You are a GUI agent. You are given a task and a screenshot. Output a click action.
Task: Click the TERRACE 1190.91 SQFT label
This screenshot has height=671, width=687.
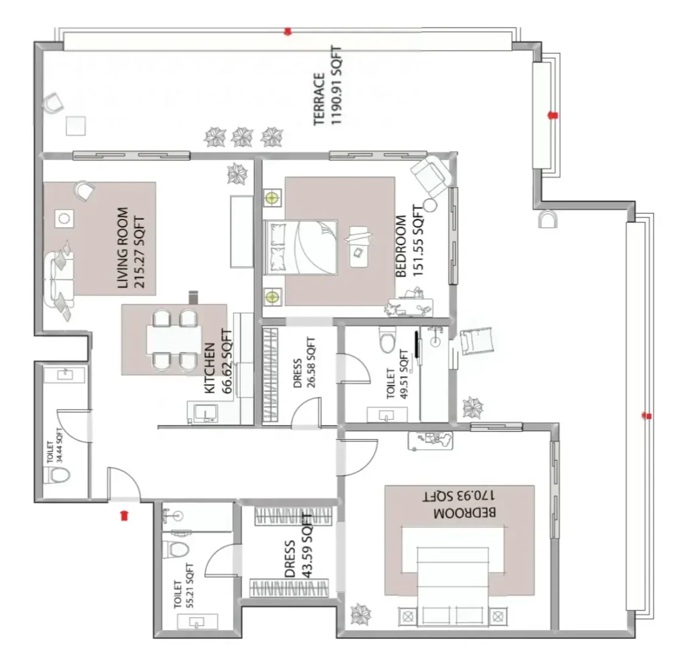(327, 85)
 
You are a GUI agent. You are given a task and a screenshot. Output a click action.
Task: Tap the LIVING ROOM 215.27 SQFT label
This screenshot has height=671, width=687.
(131, 248)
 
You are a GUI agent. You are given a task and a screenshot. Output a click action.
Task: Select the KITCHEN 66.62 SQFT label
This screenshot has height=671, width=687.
(218, 361)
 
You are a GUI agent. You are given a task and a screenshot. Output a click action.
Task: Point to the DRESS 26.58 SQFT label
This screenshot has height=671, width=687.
(304, 362)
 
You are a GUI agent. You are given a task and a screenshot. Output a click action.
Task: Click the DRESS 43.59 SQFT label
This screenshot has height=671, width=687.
(298, 546)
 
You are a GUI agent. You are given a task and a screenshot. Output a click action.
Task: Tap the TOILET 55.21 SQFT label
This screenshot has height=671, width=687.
(184, 586)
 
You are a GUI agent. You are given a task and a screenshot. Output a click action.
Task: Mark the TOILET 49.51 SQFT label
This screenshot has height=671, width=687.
(397, 375)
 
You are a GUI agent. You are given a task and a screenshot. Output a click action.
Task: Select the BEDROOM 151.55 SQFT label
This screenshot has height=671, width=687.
(410, 240)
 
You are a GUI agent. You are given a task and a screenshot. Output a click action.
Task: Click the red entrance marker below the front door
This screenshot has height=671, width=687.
(124, 515)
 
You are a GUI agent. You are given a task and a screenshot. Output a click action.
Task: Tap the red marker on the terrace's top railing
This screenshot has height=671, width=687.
(288, 31)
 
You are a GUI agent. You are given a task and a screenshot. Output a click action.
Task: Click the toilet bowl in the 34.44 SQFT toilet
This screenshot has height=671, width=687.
(58, 475)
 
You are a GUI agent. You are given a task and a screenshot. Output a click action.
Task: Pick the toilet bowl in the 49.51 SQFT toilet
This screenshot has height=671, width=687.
(387, 339)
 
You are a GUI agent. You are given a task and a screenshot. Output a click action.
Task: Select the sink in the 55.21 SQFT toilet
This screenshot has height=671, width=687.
(197, 622)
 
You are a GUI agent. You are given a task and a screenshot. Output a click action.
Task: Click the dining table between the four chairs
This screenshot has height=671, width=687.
(174, 340)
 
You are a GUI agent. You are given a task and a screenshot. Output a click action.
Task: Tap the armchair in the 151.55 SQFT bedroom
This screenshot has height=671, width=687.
(431, 175)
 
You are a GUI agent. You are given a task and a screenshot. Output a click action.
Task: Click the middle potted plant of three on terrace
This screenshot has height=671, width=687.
(242, 137)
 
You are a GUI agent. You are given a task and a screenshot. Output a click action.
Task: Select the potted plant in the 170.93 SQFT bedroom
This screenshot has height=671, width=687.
(361, 613)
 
